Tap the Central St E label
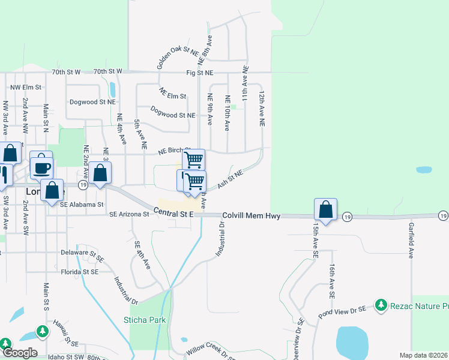point(173,212)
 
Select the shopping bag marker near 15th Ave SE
point(325,210)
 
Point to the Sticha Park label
point(145,320)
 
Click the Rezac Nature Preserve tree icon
point(381,305)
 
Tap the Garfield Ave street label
point(411,241)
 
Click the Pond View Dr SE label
point(343,309)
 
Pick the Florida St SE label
point(82,272)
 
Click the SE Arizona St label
point(129,214)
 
